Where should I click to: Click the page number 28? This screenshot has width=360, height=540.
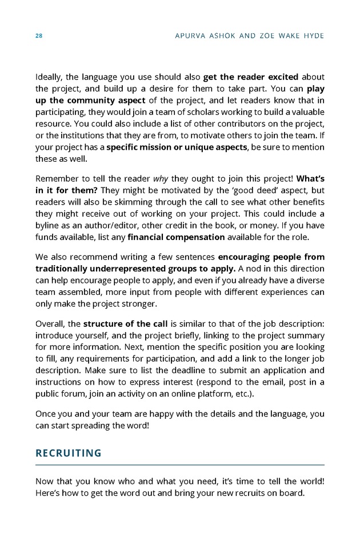(39, 36)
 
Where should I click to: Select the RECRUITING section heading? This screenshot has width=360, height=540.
(69, 453)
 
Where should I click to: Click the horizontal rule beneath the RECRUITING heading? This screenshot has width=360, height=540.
(180, 465)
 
